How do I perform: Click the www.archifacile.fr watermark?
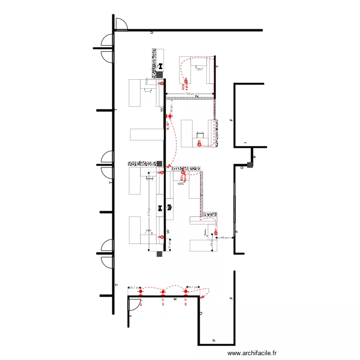pyautogui.click(x=252, y=353)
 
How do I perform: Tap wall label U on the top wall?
pyautogui.click(x=152, y=32)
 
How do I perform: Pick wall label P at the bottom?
pyautogui.click(x=214, y=340)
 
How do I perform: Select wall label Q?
pyautogui.click(x=201, y=313)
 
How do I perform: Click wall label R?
pyautogui.click(x=175, y=299)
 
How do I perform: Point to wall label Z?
pyautogui.click(x=196, y=96)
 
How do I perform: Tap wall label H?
pyautogui.click(x=255, y=157)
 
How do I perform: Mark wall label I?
pyautogui.click(x=245, y=143)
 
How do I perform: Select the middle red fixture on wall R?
pyautogui.click(x=163, y=292)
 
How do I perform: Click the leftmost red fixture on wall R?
pyautogui.click(x=140, y=292)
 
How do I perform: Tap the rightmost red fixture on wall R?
pyautogui.click(x=186, y=292)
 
